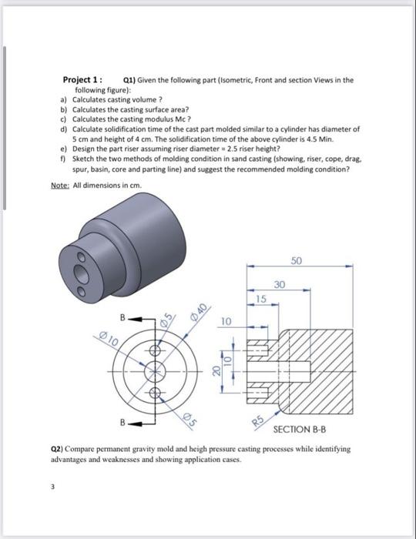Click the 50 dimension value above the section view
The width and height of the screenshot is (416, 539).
pyautogui.click(x=298, y=259)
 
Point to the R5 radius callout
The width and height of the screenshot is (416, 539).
pyautogui.click(x=258, y=419)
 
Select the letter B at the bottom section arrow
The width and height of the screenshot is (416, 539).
pyautogui.click(x=122, y=423)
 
